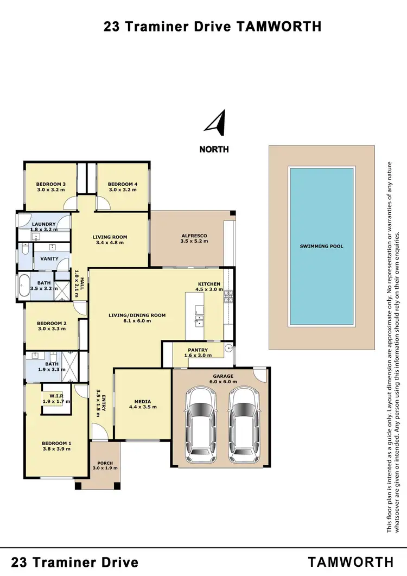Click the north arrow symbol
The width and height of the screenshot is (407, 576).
tap(216, 123)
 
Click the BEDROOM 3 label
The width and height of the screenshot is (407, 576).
tap(51, 184)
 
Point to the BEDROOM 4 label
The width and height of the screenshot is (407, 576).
tap(123, 184)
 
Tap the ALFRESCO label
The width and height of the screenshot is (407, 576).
tap(194, 236)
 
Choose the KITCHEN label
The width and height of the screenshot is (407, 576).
tap(209, 284)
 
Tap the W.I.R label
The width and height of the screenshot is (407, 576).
tap(56, 397)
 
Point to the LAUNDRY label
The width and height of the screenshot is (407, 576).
tap(44, 224)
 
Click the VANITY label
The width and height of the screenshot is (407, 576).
tap(49, 259)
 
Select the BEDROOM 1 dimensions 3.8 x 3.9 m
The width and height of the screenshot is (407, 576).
tap(56, 450)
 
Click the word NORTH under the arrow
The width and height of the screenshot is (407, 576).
tap(214, 149)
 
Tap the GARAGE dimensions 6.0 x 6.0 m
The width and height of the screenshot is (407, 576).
tap(223, 381)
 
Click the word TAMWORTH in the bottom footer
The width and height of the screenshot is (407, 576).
tap(351, 562)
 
